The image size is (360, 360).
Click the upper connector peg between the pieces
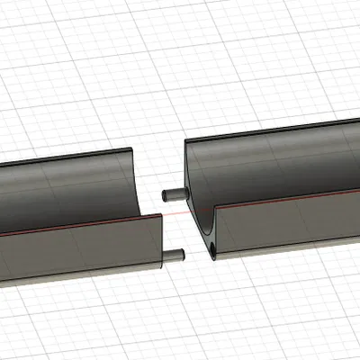pos(174,193)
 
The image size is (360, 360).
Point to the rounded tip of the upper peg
pos(164,193)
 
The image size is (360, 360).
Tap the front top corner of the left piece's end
pos(164,214)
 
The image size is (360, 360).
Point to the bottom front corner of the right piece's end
pos(217,258)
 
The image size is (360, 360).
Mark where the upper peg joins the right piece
pos(184,192)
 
